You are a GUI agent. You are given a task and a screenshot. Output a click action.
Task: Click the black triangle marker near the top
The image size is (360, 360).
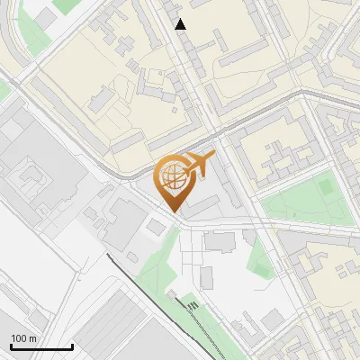181,24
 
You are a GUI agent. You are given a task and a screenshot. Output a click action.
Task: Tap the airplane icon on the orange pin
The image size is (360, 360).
197,166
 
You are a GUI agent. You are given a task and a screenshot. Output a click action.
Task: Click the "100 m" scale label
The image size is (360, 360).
23,338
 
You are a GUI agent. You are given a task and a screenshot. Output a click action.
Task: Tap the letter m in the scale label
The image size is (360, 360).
33,338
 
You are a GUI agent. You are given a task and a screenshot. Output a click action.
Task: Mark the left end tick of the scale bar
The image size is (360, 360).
11,346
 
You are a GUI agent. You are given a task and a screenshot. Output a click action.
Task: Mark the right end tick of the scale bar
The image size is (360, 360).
72,346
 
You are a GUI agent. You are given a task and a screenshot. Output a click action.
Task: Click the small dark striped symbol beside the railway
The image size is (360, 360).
194,309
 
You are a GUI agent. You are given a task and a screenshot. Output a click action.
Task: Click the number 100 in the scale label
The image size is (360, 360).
19,338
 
